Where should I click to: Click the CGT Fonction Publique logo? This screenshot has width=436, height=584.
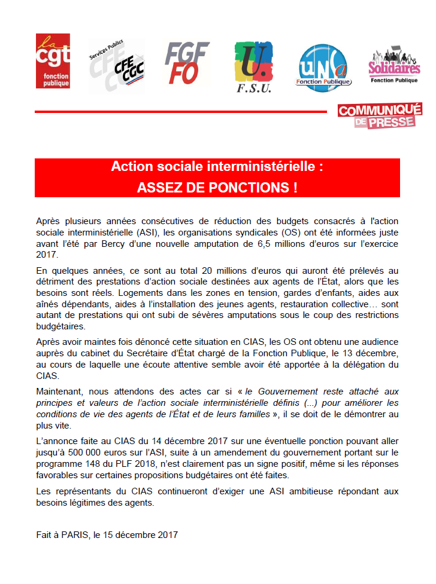53,61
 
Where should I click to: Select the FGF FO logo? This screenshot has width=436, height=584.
187,63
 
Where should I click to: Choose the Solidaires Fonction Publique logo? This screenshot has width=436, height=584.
394,65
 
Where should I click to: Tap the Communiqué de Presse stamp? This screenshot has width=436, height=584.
379,115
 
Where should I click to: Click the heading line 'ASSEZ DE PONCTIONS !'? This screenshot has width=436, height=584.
217,187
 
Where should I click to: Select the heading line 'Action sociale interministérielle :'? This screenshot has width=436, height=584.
217,167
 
